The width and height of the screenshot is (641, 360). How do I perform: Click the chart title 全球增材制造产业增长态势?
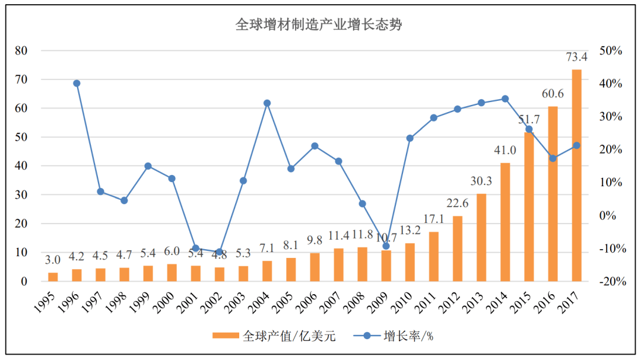[x=320, y=25]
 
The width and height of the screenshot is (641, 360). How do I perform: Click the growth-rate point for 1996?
[x=77, y=83]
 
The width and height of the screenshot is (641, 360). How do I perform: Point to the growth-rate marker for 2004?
[x=267, y=103]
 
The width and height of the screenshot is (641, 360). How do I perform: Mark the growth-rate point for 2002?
[x=219, y=251]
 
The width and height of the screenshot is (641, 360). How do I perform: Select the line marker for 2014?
[x=505, y=98]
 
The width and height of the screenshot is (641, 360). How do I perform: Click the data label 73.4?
[x=576, y=58]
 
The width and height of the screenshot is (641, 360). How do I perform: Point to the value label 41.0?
[x=505, y=151]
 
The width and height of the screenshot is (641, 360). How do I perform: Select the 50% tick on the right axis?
[x=611, y=51]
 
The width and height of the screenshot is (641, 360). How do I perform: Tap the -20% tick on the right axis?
[x=611, y=282]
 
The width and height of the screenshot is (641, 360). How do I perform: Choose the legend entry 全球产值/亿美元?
[x=274, y=336]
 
